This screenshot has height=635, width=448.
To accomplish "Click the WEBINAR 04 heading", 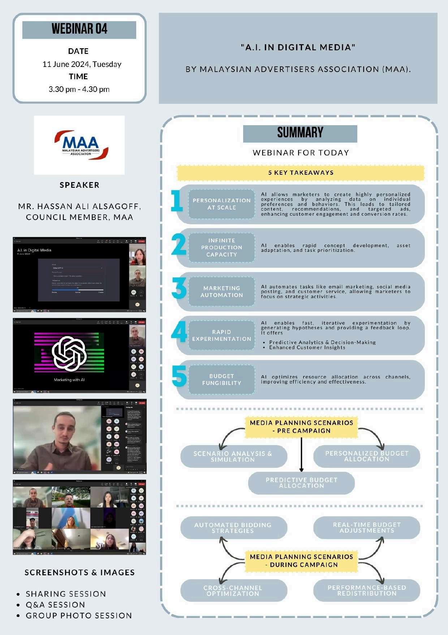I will point(79,29).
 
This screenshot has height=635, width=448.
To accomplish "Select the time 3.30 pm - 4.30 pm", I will point(79,89).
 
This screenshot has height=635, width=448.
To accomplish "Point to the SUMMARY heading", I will point(300,133).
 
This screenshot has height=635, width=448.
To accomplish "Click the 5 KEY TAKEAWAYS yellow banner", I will point(301,173).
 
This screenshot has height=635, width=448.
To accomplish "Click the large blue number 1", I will point(177,201).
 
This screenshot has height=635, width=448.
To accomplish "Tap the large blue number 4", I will point(179,332).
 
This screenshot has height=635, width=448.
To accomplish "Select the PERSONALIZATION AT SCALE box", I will point(221,204).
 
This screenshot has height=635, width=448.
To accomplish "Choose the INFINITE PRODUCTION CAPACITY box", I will point(221,247).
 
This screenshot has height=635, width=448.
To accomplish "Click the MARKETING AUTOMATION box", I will point(221,292).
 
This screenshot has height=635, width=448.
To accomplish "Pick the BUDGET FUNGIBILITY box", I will point(221,380).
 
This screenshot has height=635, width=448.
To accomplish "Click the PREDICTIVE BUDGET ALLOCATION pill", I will point(301,483).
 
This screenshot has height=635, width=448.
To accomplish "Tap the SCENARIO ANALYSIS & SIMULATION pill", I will point(233,457).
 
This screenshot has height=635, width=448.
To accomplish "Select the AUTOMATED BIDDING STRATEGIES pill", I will point(233,528).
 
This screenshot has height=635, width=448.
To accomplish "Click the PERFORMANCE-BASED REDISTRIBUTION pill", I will point(367,590).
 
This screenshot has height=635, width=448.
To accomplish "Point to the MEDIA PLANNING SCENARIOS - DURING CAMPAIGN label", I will point(301,561).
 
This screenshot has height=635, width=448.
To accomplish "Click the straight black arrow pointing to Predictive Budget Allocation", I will point(301,454).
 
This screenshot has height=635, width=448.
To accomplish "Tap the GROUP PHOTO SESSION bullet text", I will point(79,616).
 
